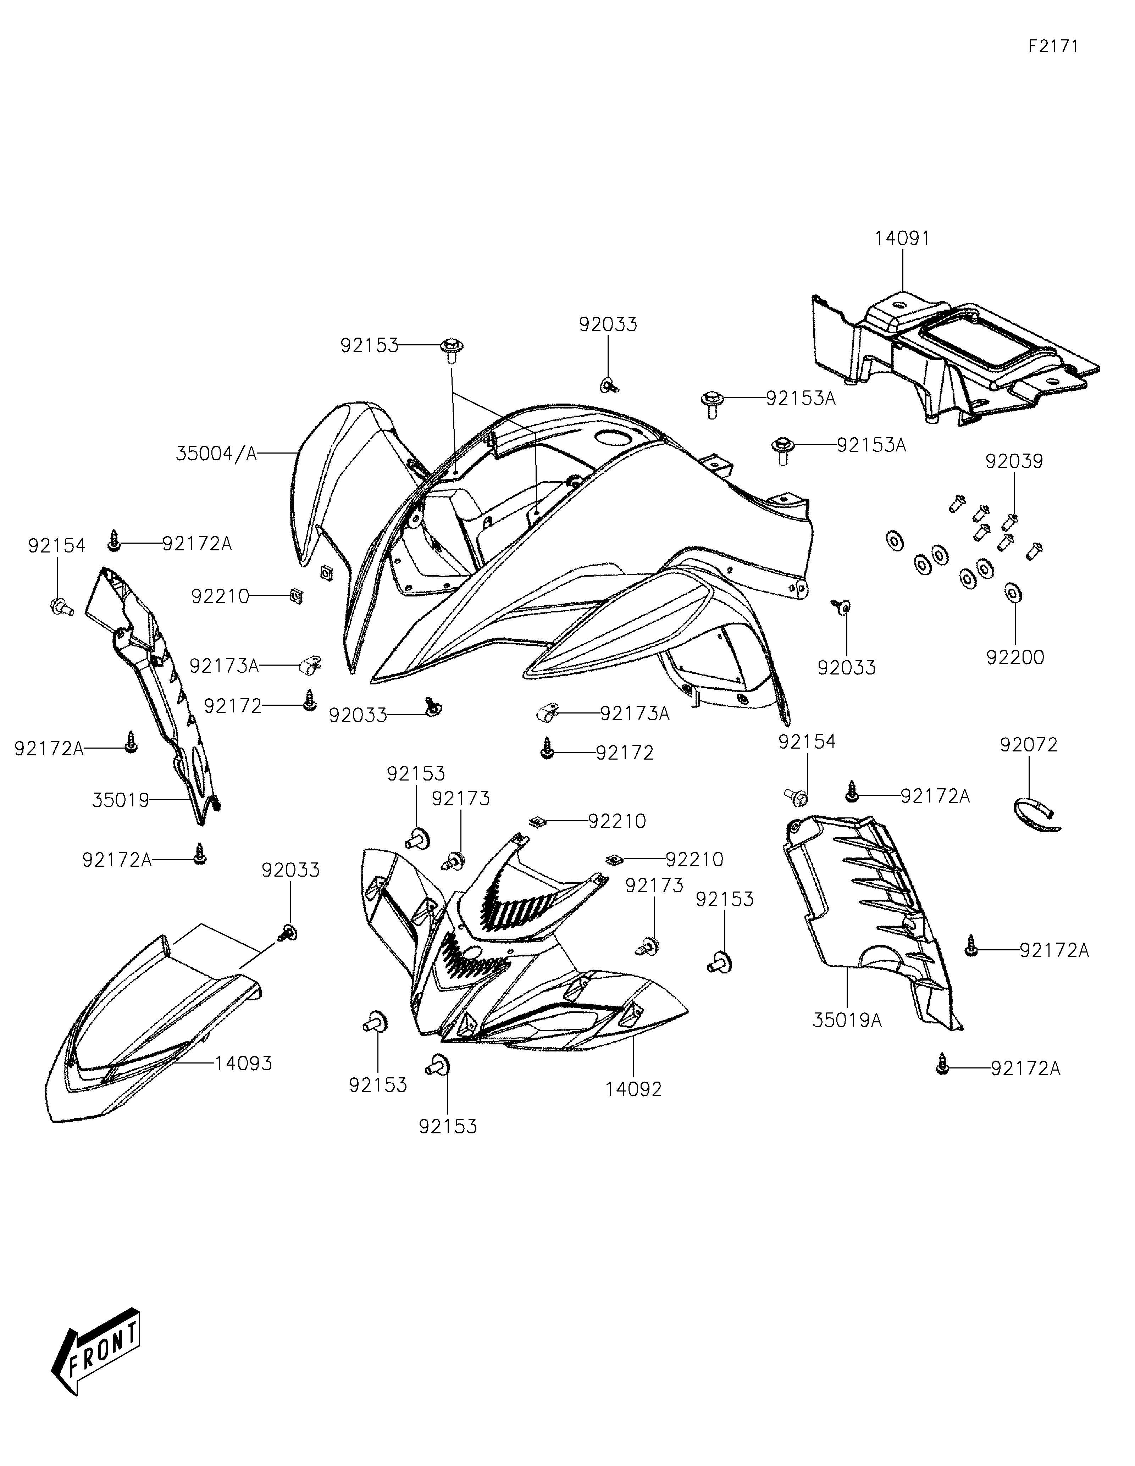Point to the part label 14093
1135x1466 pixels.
[243, 1063]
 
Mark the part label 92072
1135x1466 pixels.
[1028, 745]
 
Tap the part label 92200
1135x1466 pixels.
[1015, 657]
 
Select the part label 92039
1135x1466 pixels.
[1013, 462]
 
